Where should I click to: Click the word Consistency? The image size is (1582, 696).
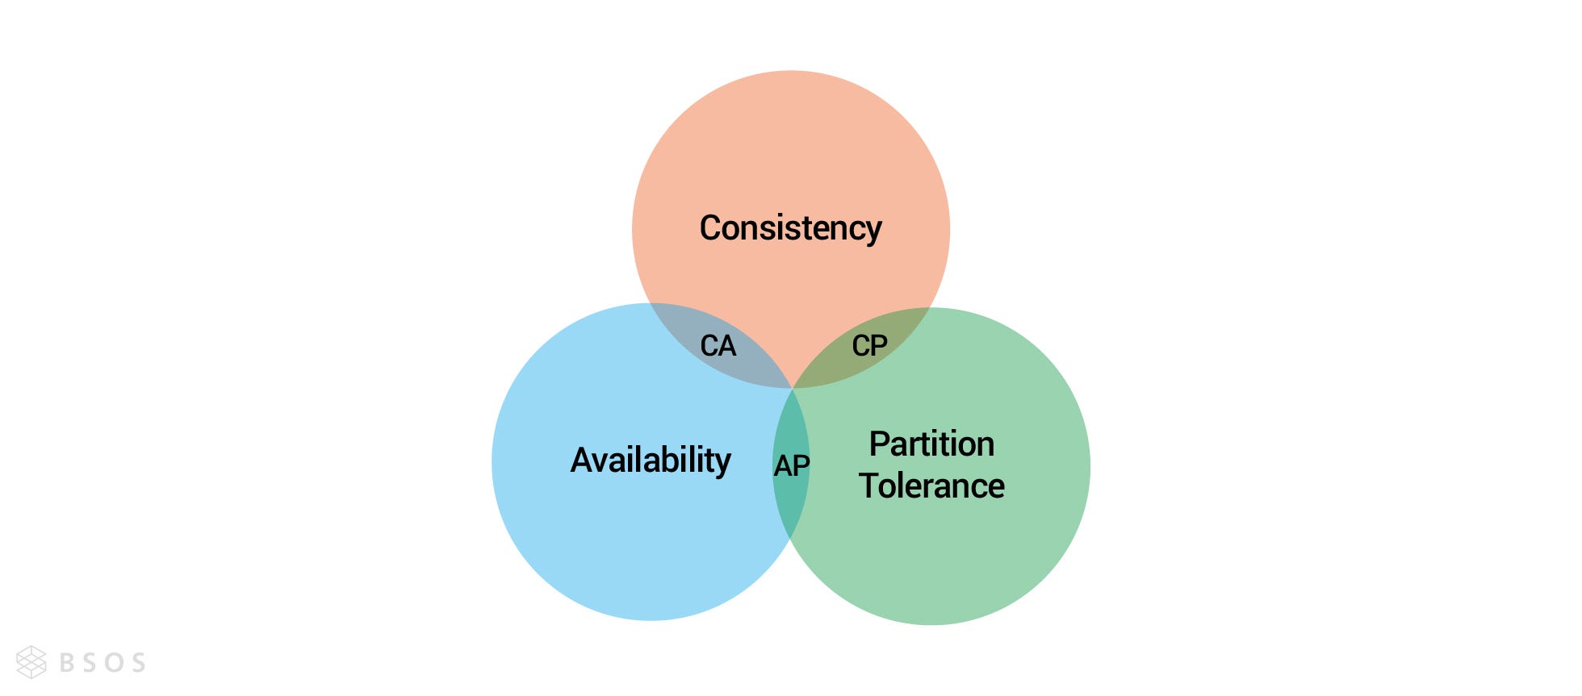click(x=790, y=228)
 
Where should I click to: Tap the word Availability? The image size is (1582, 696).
click(x=651, y=461)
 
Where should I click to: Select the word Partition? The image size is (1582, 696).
click(x=931, y=444)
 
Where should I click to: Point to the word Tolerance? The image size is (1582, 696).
click(x=931, y=486)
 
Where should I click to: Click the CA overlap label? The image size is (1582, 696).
click(x=718, y=346)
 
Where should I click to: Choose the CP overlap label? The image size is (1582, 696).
click(x=869, y=346)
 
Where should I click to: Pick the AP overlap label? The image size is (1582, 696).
click(x=791, y=465)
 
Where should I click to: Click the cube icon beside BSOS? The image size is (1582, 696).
click(x=31, y=662)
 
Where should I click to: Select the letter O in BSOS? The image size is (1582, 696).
click(x=115, y=663)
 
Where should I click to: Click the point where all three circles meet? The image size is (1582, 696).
click(x=793, y=388)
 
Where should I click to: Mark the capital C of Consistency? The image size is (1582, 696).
click(x=710, y=228)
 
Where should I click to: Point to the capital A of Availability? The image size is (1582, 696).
click(x=582, y=461)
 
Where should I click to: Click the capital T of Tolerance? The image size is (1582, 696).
click(x=868, y=486)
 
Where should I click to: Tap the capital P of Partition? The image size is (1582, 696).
click(x=878, y=444)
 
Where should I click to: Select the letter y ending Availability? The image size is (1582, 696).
click(x=722, y=464)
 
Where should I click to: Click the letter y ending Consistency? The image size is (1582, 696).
click(x=873, y=231)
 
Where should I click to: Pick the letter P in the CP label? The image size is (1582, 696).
click(x=879, y=346)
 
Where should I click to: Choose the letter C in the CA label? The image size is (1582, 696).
click(x=709, y=346)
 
